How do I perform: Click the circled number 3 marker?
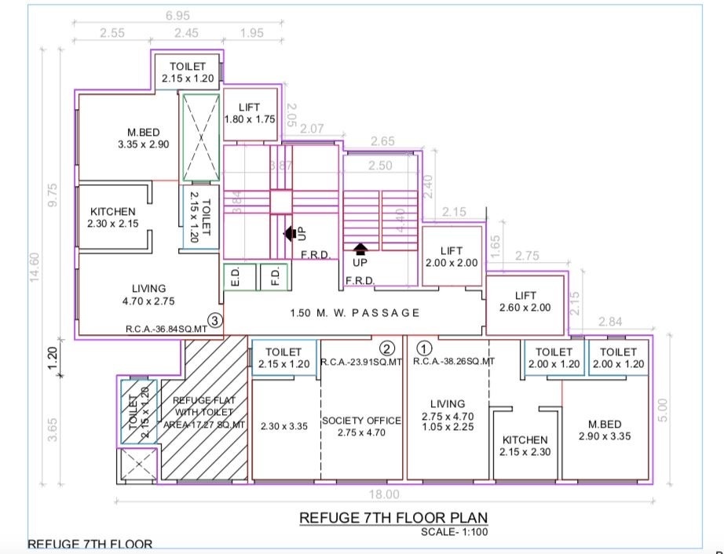217,320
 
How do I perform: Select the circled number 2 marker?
386,348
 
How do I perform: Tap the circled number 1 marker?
425,348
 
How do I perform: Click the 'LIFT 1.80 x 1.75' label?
250,114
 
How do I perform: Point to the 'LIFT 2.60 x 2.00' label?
525,301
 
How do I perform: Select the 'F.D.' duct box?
275,276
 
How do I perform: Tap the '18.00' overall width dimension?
386,494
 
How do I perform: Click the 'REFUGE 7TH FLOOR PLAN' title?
393,518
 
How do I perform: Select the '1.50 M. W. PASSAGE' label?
355,312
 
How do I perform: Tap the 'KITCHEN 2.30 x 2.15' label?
113,217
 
